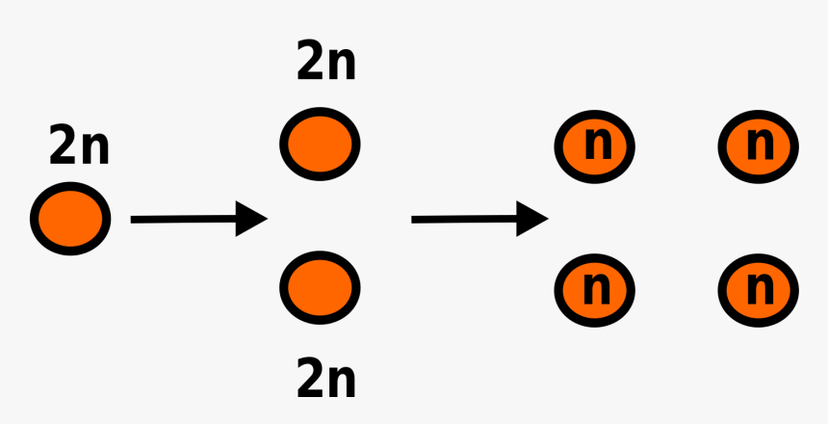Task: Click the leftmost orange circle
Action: [70, 220]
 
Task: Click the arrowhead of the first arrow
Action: [251, 220]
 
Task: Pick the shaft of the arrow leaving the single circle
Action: [183, 220]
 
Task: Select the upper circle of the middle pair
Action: [320, 144]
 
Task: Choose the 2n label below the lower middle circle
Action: [326, 379]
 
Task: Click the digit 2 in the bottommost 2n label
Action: [311, 379]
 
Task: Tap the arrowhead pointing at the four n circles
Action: [532, 220]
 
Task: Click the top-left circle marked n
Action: [595, 146]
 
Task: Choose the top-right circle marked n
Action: [759, 146]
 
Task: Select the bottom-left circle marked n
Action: [595, 287]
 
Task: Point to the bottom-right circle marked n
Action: [759, 287]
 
